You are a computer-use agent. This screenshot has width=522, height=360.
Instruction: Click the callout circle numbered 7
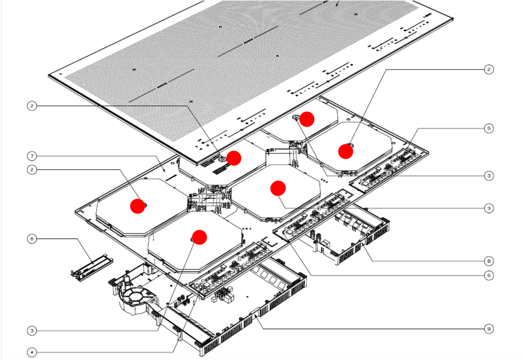click(32, 155)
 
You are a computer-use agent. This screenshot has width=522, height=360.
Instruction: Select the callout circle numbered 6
click(32, 238)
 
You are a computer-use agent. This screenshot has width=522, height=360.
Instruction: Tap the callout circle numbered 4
click(32, 352)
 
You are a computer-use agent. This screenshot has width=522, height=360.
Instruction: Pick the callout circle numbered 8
click(488, 261)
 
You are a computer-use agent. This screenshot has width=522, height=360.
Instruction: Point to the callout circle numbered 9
click(488, 329)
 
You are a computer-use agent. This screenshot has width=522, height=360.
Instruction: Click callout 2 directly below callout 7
click(32, 170)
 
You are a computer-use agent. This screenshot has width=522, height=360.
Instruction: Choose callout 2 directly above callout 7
click(32, 105)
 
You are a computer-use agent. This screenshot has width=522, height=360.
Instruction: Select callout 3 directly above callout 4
click(32, 331)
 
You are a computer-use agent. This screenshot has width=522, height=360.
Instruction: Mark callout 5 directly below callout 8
click(488, 275)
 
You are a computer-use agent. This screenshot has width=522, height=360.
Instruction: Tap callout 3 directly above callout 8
click(488, 208)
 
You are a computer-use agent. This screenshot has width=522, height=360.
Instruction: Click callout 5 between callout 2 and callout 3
click(488, 128)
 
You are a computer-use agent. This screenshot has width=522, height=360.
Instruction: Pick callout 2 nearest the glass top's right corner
click(488, 69)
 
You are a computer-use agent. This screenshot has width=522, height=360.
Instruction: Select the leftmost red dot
click(138, 206)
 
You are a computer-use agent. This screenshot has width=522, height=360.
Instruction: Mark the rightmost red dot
click(346, 151)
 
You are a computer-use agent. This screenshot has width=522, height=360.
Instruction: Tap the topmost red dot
click(307, 119)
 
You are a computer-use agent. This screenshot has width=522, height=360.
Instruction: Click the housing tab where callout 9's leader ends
click(257, 316)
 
